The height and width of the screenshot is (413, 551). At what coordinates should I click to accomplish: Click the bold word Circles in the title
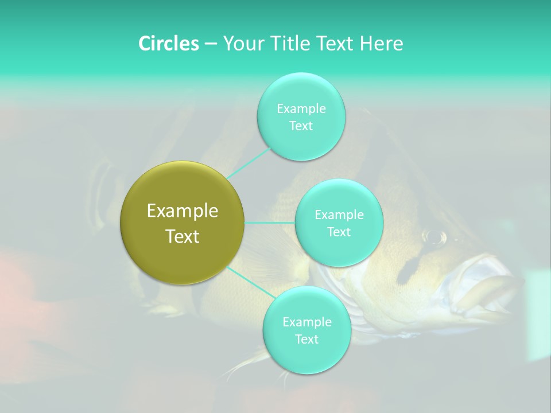169,44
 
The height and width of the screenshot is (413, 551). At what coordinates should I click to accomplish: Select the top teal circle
301,138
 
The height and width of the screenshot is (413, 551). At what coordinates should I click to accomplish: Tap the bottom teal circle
306,356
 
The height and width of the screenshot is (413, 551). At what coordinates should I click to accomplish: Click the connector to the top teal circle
249,163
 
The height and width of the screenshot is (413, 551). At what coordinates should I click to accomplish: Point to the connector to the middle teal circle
270,223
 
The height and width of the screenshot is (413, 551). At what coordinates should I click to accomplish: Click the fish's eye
434,236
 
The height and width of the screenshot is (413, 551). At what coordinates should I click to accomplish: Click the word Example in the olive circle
183,211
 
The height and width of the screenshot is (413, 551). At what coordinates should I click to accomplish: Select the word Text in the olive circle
183,236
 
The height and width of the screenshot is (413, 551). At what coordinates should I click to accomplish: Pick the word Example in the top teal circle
301,108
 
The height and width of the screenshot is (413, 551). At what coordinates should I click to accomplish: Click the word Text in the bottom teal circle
306,339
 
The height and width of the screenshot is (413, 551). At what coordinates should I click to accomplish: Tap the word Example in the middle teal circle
339,215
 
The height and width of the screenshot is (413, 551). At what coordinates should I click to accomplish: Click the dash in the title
210,44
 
